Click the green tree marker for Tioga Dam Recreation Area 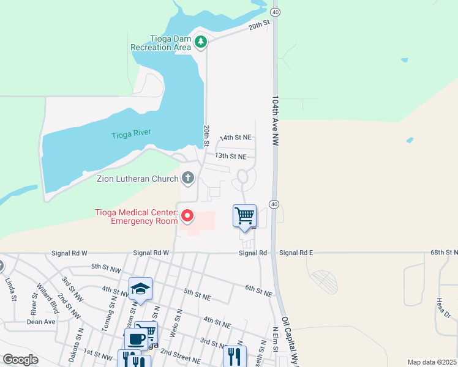pyautogui.click(x=201, y=42)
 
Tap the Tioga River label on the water pyautogui.click(x=131, y=135)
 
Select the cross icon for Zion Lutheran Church pyautogui.click(x=188, y=179)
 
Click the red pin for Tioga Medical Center pyautogui.click(x=187, y=216)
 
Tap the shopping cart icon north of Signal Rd pyautogui.click(x=244, y=216)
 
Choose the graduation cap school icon pyautogui.click(x=140, y=288)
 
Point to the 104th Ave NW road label pyautogui.click(x=276, y=120)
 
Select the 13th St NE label pyautogui.click(x=230, y=157)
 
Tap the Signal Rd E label pyautogui.click(x=296, y=253)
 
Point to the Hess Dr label pyautogui.click(x=443, y=309)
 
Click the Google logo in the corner pyautogui.click(x=20, y=360)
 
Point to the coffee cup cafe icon pyautogui.click(x=135, y=338)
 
